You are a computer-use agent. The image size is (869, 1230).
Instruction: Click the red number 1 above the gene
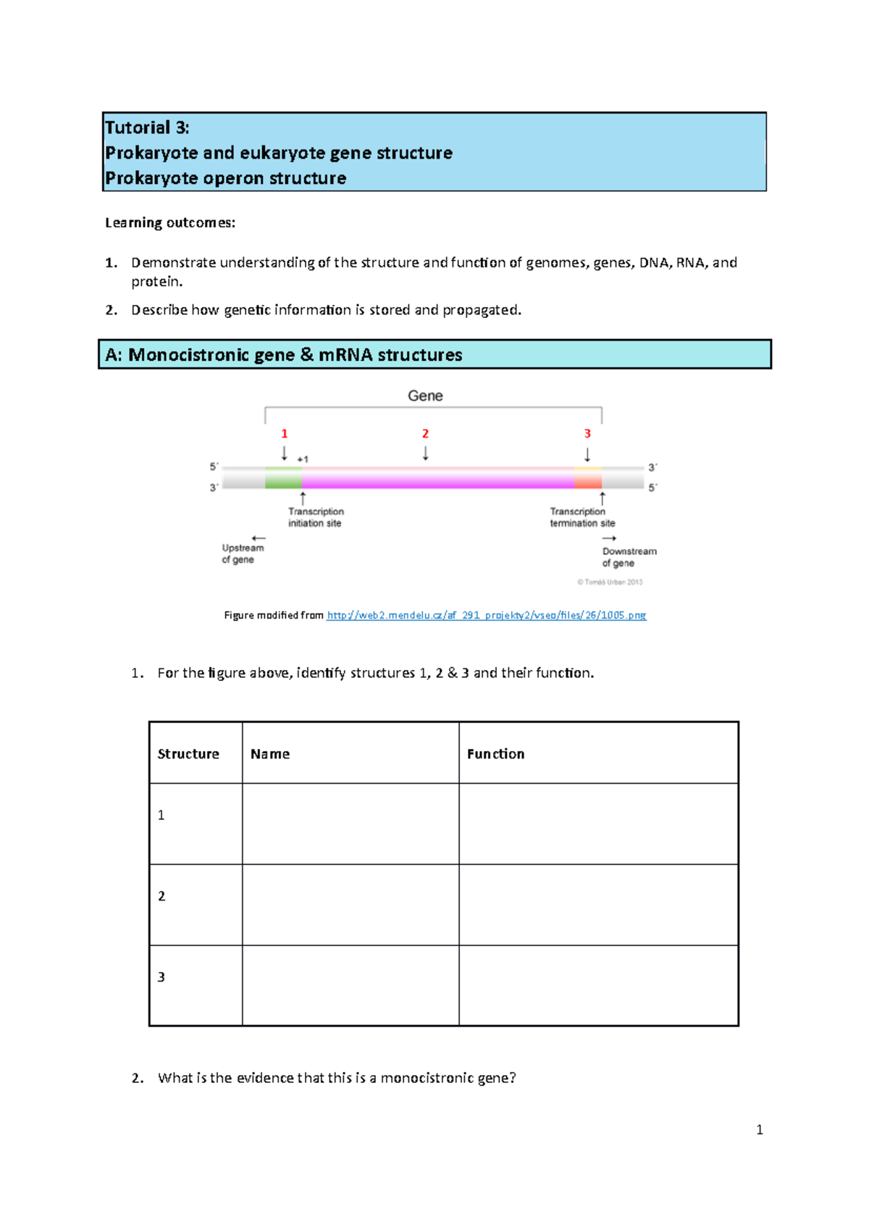(x=285, y=434)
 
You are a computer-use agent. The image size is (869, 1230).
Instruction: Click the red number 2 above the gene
(x=425, y=434)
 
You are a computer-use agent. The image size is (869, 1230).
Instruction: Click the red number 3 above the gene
(x=587, y=434)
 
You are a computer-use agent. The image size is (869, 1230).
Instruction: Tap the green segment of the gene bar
(x=283, y=478)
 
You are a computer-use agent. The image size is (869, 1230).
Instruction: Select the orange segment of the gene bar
(x=588, y=478)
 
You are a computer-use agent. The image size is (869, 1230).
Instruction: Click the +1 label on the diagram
(x=303, y=459)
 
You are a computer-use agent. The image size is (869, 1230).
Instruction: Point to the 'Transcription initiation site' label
(x=316, y=517)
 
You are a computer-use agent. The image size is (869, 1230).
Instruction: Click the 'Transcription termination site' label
(x=582, y=517)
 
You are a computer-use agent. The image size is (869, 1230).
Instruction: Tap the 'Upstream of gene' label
(x=242, y=553)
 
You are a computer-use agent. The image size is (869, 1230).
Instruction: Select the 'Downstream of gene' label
(x=629, y=557)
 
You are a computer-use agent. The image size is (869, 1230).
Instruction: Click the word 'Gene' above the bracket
(x=425, y=396)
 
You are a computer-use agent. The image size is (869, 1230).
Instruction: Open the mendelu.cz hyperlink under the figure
(x=486, y=615)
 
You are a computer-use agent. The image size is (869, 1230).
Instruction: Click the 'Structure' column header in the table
(x=188, y=754)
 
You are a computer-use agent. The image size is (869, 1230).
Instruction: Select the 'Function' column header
(x=495, y=754)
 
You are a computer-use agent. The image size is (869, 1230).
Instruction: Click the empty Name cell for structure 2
(x=350, y=905)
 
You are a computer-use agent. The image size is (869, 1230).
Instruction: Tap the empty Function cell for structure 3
(x=598, y=985)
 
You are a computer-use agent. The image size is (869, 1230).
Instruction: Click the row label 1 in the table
(x=161, y=816)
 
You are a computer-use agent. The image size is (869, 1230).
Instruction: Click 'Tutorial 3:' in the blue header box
(x=147, y=128)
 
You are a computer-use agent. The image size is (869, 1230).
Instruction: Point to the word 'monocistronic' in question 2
(x=427, y=1078)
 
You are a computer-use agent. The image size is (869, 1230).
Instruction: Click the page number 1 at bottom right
(x=759, y=1130)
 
